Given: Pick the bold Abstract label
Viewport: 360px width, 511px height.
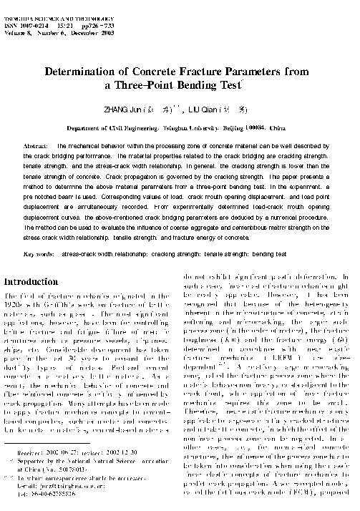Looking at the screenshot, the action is click(x=37, y=145).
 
